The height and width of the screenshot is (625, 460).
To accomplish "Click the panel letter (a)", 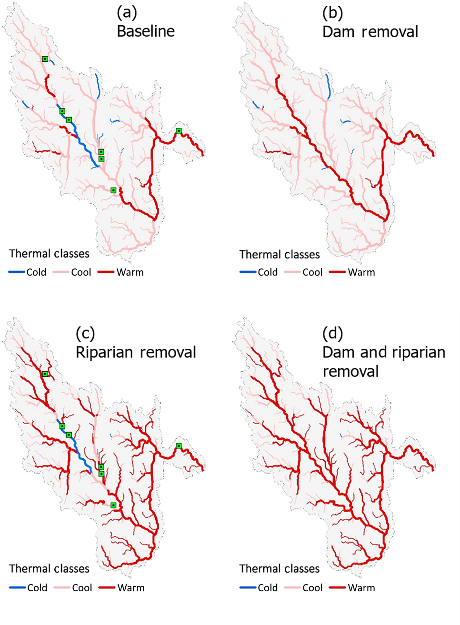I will [x=127, y=13].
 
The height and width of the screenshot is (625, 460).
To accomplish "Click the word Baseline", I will [x=146, y=31].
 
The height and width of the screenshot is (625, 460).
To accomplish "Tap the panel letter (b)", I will [x=332, y=13].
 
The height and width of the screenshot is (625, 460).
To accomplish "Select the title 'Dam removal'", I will [x=370, y=32].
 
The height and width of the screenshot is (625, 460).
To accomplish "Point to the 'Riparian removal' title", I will [x=136, y=352].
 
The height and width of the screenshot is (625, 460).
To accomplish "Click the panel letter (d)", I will [x=332, y=333].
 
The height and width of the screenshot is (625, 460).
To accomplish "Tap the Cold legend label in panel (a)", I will [x=36, y=272].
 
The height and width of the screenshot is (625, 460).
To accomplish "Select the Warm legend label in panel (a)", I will [x=130, y=272].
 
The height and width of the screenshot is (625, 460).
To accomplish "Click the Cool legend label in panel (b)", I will [x=312, y=272].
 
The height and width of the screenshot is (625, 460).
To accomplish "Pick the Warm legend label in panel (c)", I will [x=131, y=588].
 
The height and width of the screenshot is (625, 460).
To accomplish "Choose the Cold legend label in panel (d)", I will [x=268, y=588].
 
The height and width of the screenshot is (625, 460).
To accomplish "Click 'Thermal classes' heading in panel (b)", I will [x=280, y=255].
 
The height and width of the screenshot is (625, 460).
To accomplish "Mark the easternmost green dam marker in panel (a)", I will [x=179, y=131].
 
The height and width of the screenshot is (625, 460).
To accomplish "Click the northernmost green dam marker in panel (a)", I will [x=45, y=59].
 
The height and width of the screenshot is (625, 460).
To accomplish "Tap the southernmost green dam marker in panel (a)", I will [x=113, y=190].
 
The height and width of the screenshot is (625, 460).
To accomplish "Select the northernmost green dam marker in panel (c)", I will [x=45, y=374].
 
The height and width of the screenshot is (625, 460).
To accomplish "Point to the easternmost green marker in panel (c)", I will [x=179, y=446].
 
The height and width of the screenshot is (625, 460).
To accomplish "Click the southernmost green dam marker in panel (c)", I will [x=113, y=506].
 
